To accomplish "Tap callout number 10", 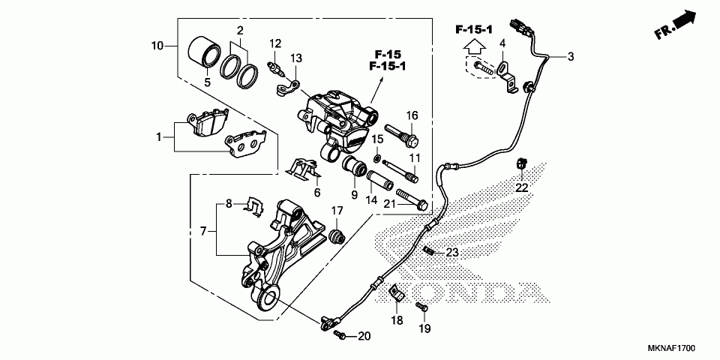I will tap(157, 46).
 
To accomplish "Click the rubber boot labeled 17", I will tap(337, 235).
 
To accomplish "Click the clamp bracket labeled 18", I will tap(397, 294).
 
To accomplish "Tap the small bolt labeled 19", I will tap(423, 307).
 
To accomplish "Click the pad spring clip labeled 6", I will tap(306, 169).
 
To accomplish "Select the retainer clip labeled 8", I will tap(256, 205).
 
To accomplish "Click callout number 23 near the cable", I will tap(452, 253).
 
